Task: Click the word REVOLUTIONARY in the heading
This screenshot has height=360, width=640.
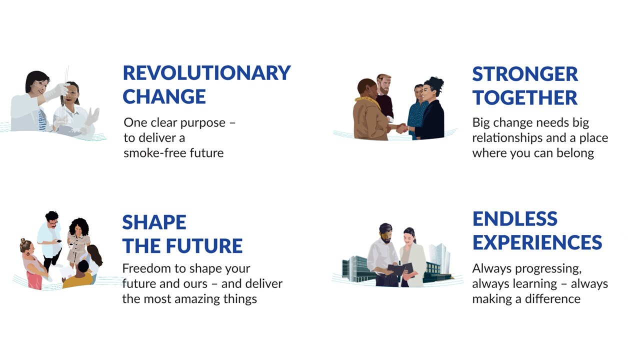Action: coord(207,73)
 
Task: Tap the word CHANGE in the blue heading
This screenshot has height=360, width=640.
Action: coord(164,96)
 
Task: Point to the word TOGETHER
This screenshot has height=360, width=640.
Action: coord(525,97)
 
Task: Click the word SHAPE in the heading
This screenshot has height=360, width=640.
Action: coord(154,222)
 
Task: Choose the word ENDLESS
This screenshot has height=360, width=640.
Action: coord(515,219)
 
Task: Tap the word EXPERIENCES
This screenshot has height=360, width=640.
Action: coord(537,242)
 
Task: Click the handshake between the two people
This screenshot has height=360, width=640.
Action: coord(401,128)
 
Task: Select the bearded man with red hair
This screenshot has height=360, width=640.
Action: coord(384,97)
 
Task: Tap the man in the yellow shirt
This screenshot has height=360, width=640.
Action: coord(79,275)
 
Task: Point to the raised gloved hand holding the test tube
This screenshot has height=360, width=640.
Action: coord(58,91)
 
